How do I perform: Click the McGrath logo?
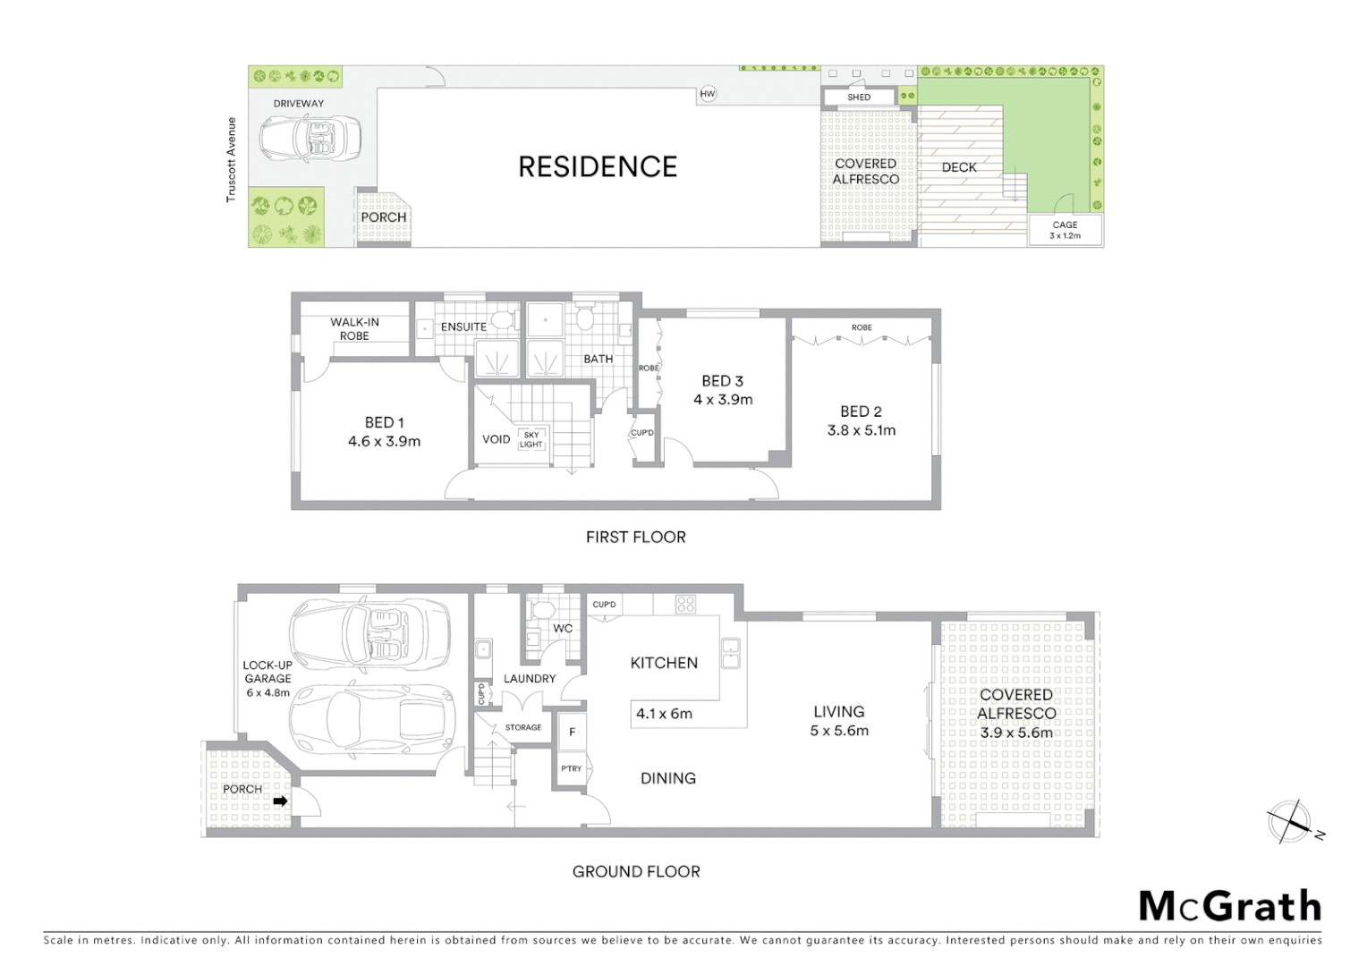click(1229, 906)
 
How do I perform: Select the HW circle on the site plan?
click(708, 94)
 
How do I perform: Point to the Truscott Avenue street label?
click(231, 160)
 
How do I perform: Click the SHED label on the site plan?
click(859, 97)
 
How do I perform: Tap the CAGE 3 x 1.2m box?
click(1065, 231)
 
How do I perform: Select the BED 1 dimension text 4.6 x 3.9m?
click(384, 441)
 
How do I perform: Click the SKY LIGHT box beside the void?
click(531, 439)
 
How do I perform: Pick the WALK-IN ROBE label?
click(354, 329)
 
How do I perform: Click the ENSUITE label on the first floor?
click(463, 327)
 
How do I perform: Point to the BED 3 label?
click(722, 381)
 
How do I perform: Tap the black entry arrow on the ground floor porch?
click(280, 801)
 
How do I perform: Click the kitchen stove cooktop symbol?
click(685, 604)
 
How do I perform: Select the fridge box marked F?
click(572, 733)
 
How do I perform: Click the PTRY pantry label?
click(571, 768)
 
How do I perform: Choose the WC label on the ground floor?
click(562, 629)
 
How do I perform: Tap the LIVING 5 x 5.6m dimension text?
click(839, 731)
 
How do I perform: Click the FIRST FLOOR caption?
click(635, 537)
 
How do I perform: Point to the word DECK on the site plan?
click(959, 167)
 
